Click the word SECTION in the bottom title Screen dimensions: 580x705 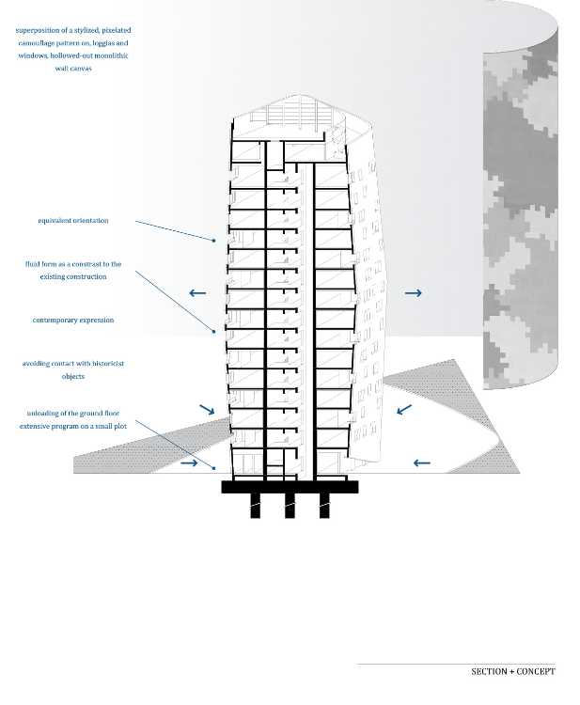pos(489,671)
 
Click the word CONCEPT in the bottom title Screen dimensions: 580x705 pos(536,671)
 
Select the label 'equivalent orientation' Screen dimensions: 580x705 pos(72,220)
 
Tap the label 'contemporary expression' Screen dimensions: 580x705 pos(72,321)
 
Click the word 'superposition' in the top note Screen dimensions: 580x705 pos(38,31)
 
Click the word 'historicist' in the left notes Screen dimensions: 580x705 pos(105,363)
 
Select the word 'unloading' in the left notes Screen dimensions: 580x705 pos(42,414)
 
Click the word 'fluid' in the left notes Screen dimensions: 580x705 pos(33,264)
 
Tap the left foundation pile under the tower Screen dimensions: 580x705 pos(256,506)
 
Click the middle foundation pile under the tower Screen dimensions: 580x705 pos(290,506)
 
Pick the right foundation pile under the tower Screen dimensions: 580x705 pos(324,506)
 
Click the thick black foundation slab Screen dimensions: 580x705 pos(290,487)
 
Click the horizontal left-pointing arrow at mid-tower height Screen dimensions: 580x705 pos(197,293)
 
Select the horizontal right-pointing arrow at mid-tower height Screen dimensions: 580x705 pos(414,293)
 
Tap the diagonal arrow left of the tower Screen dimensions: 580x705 pos(207,409)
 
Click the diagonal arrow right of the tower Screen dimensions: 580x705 pos(404,409)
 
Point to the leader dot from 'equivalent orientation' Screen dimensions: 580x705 pos(214,241)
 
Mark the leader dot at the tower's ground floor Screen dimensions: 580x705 pos(214,468)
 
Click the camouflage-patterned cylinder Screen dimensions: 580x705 pos(521,197)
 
